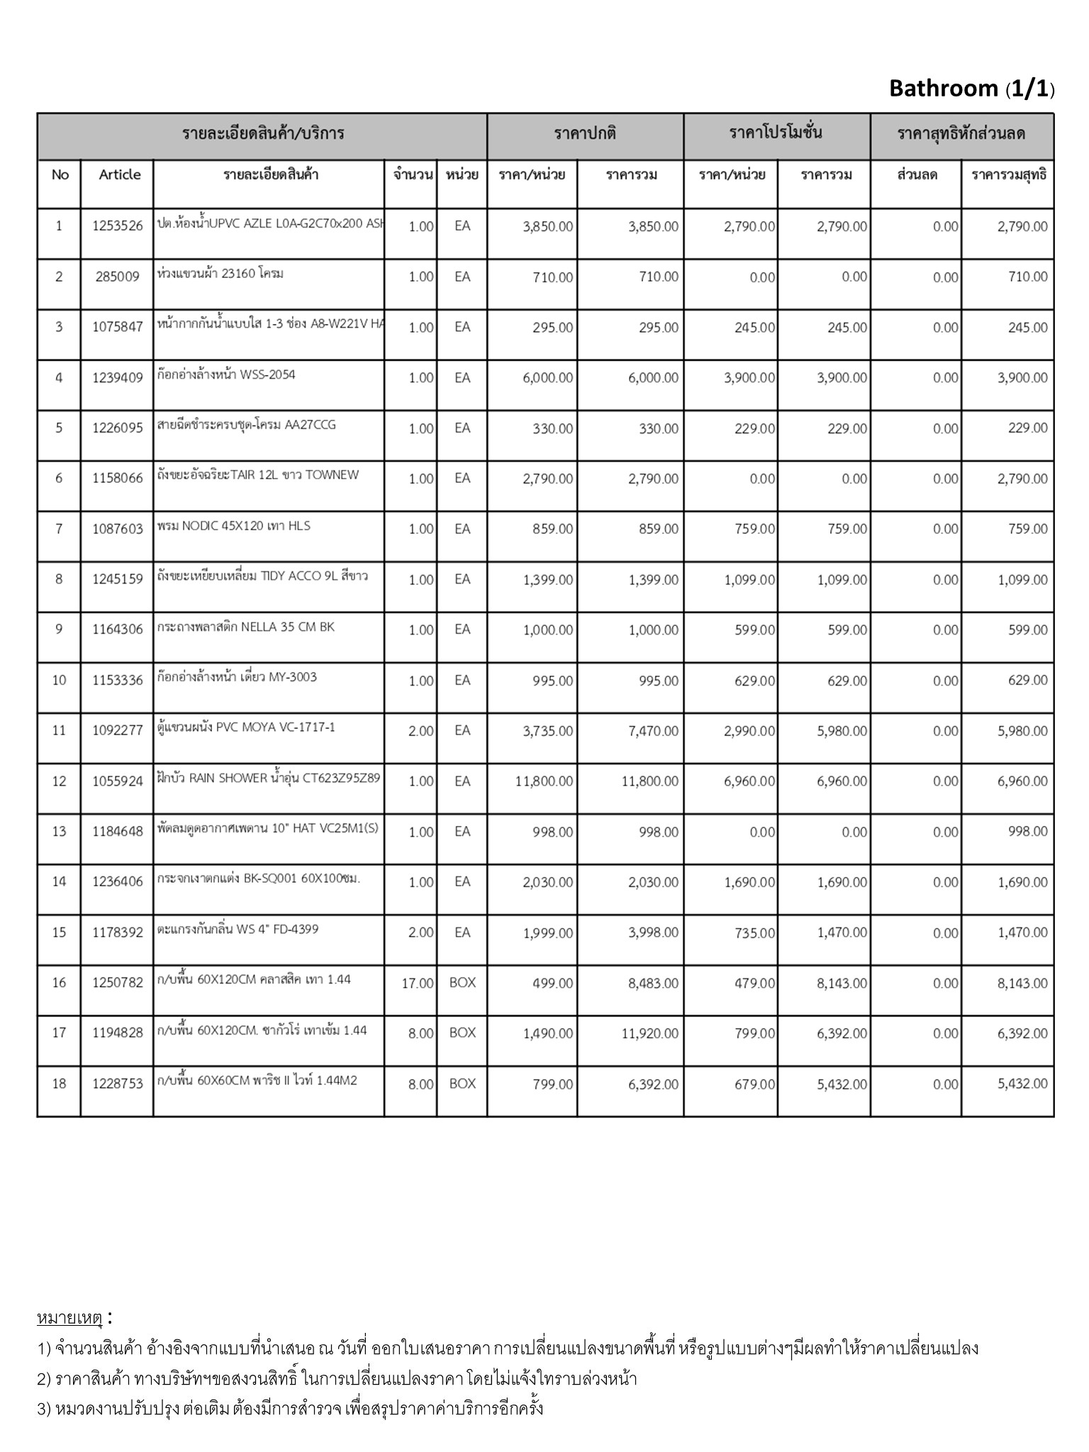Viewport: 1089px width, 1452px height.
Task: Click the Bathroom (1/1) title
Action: (x=971, y=89)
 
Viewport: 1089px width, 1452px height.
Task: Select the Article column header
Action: (x=120, y=175)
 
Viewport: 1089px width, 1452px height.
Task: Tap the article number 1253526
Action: (x=118, y=227)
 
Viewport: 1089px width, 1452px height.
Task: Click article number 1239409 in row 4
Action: (x=118, y=378)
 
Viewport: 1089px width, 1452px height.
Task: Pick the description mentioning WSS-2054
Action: (x=226, y=375)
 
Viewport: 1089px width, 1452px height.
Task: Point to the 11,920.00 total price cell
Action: (x=649, y=1034)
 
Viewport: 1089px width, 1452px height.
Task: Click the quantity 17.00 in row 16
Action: (x=418, y=983)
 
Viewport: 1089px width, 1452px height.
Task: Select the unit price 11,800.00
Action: (x=544, y=781)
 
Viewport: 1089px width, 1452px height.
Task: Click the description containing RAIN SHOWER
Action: (x=269, y=778)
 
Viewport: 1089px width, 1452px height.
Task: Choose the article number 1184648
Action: (x=118, y=832)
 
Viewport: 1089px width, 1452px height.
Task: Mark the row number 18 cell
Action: (x=60, y=1084)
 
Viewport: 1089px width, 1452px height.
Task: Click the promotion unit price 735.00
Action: (x=754, y=933)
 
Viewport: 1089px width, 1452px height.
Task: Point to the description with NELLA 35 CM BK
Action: (x=246, y=627)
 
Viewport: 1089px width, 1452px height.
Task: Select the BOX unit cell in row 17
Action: (x=462, y=1034)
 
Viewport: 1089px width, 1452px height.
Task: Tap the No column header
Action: (x=60, y=175)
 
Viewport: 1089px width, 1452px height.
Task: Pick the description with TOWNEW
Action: (x=258, y=476)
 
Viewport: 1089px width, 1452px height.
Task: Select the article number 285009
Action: (x=118, y=277)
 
